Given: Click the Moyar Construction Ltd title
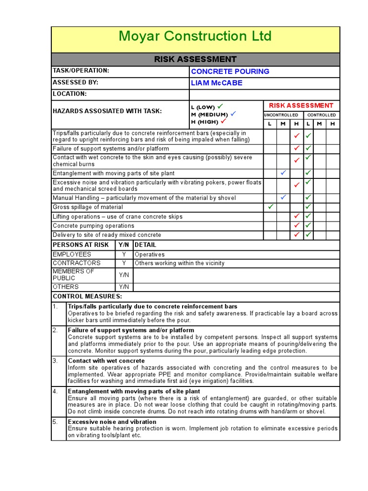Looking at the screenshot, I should click(x=195, y=36).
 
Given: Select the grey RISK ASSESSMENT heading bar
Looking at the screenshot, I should click(x=195, y=59).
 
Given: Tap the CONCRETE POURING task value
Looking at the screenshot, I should click(x=230, y=71).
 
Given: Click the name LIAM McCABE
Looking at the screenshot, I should click(x=217, y=83).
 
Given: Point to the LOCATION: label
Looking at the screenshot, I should click(x=69, y=94).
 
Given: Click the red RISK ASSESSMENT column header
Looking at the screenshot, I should click(x=301, y=105).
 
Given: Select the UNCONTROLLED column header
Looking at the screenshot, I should click(x=281, y=115).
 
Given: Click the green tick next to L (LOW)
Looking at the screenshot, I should click(x=220, y=106).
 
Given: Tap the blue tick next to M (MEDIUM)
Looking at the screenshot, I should click(x=233, y=114).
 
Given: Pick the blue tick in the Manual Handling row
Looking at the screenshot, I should click(x=283, y=197).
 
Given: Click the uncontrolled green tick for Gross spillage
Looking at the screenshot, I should click(x=270, y=207).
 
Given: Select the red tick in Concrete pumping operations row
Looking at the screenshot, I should click(x=297, y=225).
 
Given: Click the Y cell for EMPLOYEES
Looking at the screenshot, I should click(x=124, y=255).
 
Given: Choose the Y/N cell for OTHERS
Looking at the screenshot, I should click(x=124, y=287).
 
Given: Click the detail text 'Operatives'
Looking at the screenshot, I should click(x=149, y=255).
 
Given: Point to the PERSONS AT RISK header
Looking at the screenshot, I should click(x=80, y=245).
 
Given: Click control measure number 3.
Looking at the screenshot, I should click(x=55, y=361).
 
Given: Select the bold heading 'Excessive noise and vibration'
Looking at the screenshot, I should click(x=112, y=422).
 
